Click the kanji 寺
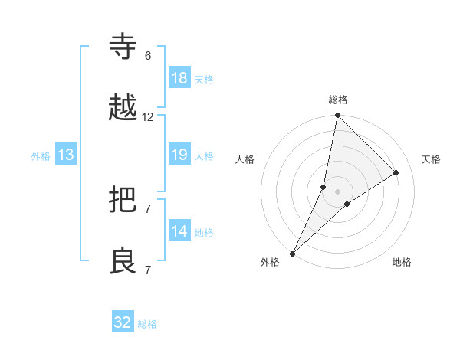(123, 47)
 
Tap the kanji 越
(123, 108)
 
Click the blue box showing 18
(179, 78)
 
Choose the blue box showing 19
(179, 155)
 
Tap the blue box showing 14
(179, 231)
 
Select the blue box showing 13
(66, 155)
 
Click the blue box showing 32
(123, 322)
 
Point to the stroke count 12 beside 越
(148, 117)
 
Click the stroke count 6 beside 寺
(148, 56)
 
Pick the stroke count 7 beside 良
(148, 270)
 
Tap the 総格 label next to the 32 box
(148, 324)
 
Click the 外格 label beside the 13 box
(41, 156)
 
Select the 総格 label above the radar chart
(338, 100)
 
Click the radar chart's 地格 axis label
(402, 262)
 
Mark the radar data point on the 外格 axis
(293, 253)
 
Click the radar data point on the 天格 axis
(396, 172)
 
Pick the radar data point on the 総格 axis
(338, 116)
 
